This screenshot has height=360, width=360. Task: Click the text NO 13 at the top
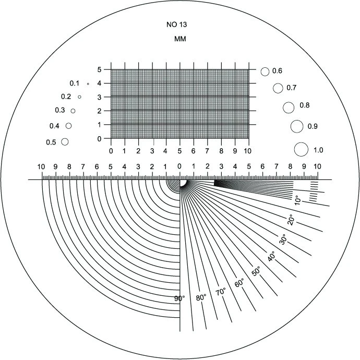tap(176, 25)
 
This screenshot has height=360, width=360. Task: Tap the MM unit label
tap(180, 39)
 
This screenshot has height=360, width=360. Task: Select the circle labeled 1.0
tap(301, 149)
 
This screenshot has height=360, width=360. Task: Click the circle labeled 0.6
tap(265, 71)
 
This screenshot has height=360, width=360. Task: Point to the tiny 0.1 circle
tap(88, 84)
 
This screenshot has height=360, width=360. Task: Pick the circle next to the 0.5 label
tap(65, 142)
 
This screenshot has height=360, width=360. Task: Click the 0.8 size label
tap(305, 105)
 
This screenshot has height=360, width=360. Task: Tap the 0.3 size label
tap(60, 110)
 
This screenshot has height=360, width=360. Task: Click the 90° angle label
tap(179, 298)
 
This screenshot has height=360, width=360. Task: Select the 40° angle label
tap(271, 256)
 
